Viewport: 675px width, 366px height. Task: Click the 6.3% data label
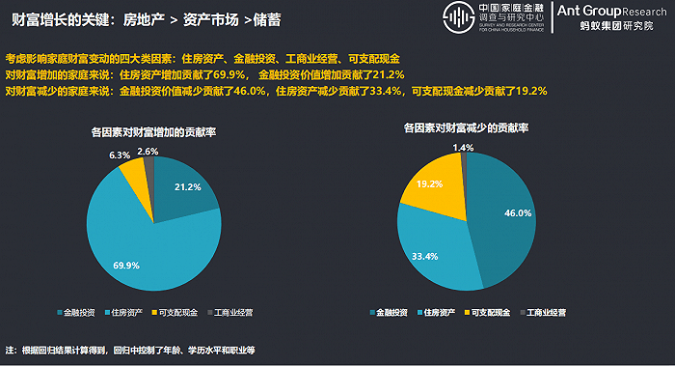pos(120,155)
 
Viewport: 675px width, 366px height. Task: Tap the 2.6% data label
pos(148,152)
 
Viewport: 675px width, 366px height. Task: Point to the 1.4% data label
pos(463,148)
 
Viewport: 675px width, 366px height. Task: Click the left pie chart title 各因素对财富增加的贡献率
pos(153,132)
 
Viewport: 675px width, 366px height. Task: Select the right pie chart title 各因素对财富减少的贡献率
pos(466,127)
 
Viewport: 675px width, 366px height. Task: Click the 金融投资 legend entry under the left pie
pos(76,313)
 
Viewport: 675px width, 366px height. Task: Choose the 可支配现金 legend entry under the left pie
pos(175,313)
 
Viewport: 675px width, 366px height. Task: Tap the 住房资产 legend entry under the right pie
pos(436,313)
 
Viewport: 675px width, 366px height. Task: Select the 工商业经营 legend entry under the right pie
pos(543,313)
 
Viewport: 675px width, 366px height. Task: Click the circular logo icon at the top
pos(459,17)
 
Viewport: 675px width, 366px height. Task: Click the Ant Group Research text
pos(611,12)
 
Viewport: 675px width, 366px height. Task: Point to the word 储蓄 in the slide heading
pos(267,20)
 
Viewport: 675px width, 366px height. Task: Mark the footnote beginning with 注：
pos(130,350)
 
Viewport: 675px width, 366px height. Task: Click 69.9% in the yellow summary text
pos(229,74)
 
